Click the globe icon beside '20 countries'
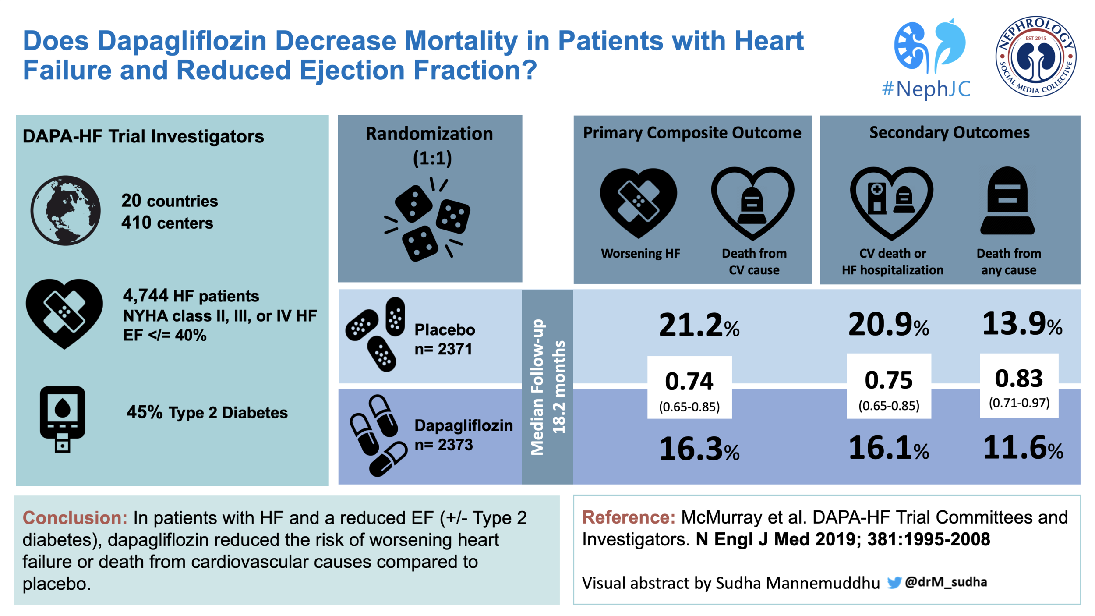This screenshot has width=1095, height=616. (x=65, y=210)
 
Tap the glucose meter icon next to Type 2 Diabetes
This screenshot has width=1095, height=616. (x=62, y=418)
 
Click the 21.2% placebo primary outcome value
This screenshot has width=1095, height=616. (x=699, y=326)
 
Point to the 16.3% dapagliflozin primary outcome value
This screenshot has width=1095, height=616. (x=699, y=449)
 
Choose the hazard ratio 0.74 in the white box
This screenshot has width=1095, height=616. (x=689, y=381)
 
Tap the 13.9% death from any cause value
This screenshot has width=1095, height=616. (x=1022, y=324)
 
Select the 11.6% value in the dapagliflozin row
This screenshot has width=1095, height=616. (x=1023, y=448)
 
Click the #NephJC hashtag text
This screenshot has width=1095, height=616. (x=926, y=89)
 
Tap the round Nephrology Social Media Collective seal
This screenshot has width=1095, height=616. (x=1035, y=57)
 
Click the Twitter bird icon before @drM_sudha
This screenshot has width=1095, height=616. (x=894, y=582)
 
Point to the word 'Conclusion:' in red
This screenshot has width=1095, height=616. (x=75, y=518)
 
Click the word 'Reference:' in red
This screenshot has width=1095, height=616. (x=629, y=517)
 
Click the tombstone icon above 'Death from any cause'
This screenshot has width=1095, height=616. (x=1007, y=202)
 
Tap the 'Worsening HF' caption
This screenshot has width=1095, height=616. (x=640, y=253)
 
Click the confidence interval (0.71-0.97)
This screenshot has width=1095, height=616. (x=1019, y=403)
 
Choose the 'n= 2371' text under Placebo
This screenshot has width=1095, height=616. (x=443, y=349)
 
